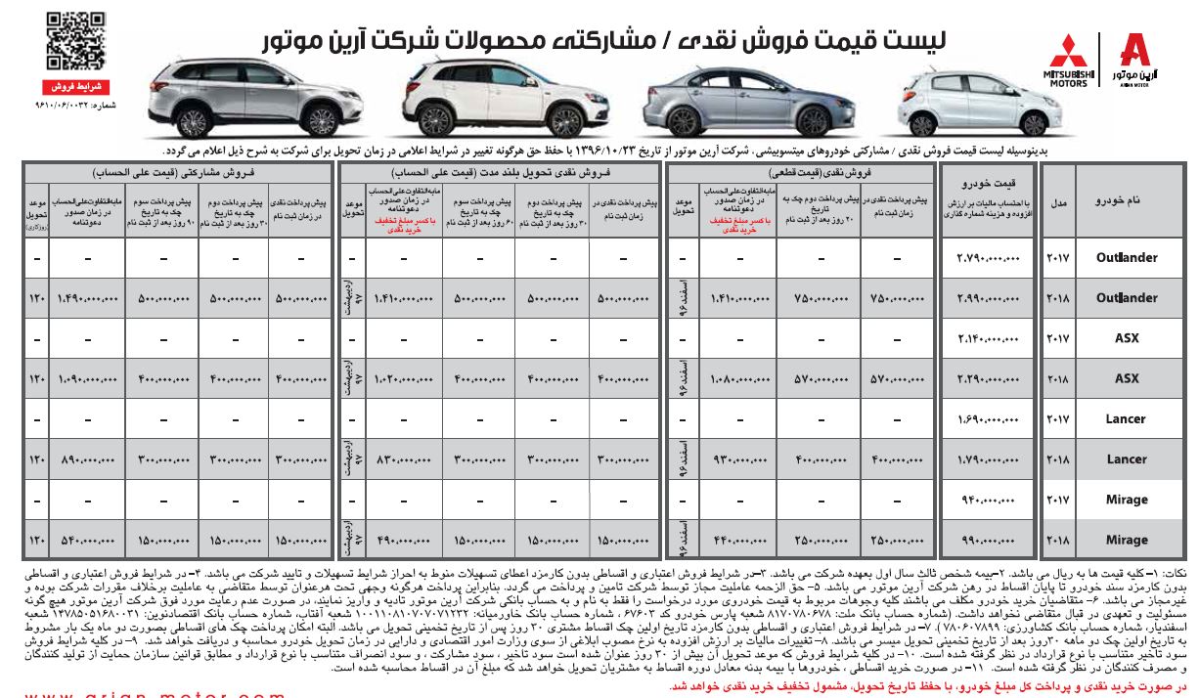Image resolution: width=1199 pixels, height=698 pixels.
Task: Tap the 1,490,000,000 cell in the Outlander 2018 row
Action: coord(86,298)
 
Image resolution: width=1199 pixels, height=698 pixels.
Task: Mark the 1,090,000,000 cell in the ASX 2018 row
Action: coord(86,378)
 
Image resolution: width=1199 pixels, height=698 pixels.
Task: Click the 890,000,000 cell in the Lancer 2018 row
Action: coord(86,459)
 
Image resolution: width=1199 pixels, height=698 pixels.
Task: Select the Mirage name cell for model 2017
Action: coord(1126,500)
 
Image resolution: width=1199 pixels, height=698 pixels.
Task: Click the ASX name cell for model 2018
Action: coord(1126,378)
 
